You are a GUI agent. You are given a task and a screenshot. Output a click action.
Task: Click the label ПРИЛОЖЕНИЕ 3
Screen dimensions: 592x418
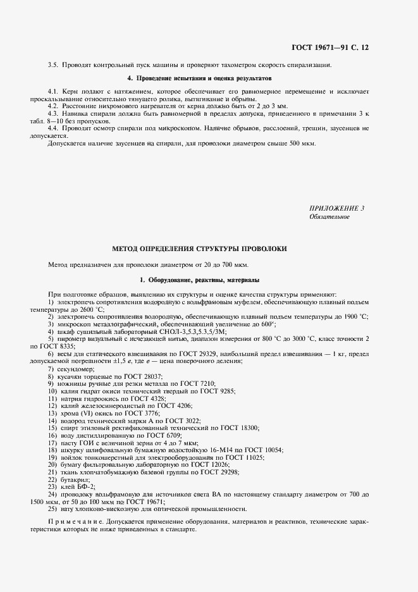[336, 208]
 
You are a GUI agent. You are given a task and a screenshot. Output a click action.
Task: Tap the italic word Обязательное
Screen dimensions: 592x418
[329, 217]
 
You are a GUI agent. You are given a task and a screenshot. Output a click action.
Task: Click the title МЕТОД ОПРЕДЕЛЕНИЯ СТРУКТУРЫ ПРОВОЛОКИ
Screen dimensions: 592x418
[199, 249]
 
